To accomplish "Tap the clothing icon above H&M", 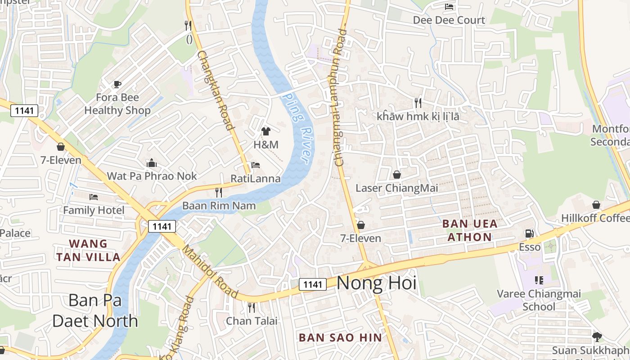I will point(266,131).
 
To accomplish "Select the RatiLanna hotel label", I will point(256,179).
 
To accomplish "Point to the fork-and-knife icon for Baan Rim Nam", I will point(219,193).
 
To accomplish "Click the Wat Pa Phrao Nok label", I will point(152,176).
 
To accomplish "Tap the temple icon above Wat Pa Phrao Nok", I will point(152,163).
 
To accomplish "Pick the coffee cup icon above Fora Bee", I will point(117,84).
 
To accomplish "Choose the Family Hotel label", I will point(94,210).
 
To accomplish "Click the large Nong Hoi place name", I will point(376,283).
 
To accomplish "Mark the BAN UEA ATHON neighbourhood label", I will point(470,230).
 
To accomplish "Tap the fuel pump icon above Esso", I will point(530,234).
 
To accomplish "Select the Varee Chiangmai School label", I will point(539,300).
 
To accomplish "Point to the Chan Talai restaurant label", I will point(252,321).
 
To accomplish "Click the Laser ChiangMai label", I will point(396,188).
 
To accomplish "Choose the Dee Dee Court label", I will point(449,20).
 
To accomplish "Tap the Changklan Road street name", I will point(216,90).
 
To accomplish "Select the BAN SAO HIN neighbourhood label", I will point(340,337).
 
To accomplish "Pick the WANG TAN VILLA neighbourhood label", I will point(88,251).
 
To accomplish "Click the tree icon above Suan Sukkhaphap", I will point(597,337).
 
